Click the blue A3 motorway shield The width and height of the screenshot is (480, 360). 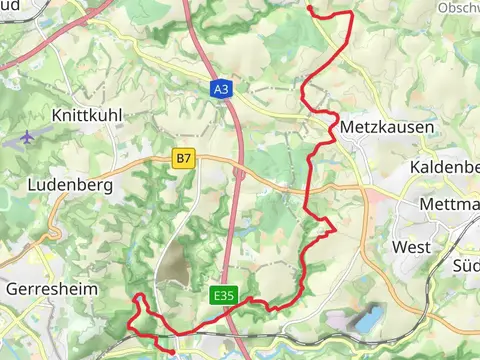coord(221,89)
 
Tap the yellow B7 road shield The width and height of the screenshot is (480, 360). coord(181,158)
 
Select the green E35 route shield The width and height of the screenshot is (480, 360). coord(223,296)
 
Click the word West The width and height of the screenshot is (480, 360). coord(411,246)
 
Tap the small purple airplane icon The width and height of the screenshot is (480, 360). coord(27,135)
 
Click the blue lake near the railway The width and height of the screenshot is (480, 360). coord(367,320)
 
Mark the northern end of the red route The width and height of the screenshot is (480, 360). coord(309,8)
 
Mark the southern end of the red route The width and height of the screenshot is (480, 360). coord(172,352)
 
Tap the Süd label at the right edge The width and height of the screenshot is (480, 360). coord(466,266)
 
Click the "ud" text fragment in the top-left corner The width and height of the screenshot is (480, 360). coord(10,6)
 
